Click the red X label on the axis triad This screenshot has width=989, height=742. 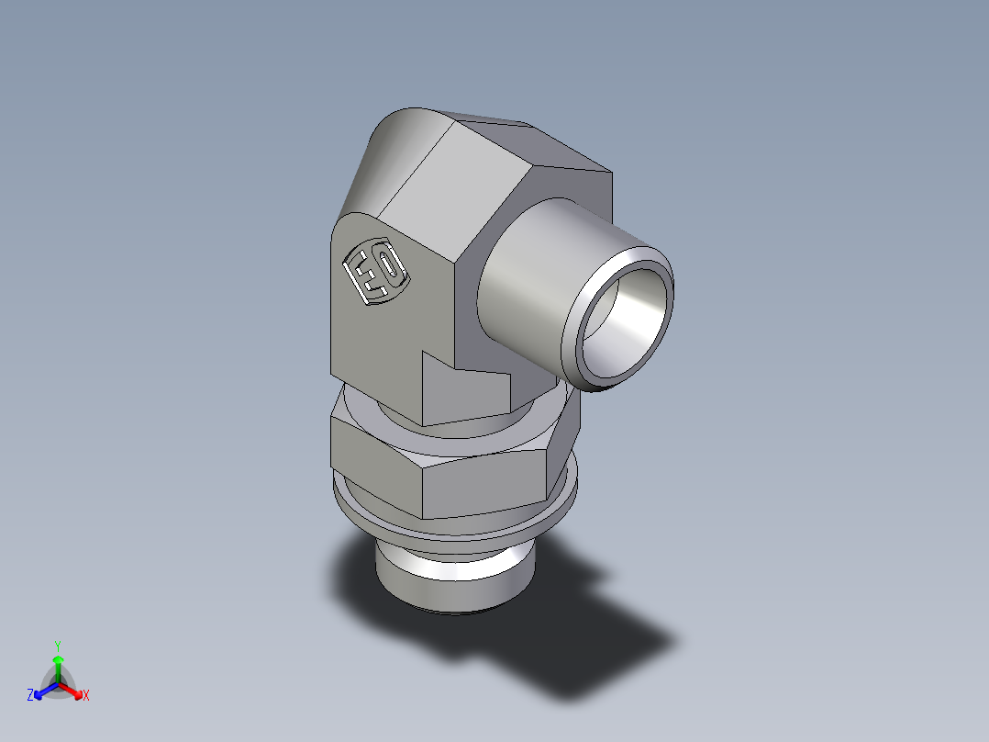(x=86, y=696)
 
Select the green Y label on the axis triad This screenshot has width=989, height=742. (x=57, y=645)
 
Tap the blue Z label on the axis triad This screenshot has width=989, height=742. (x=30, y=696)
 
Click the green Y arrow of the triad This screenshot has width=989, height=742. (x=58, y=666)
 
